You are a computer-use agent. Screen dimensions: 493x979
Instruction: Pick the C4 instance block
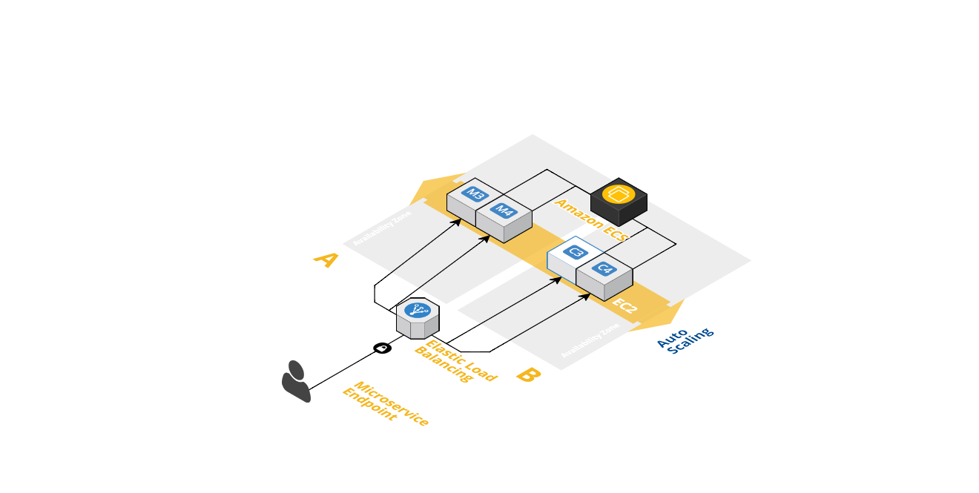point(604,275)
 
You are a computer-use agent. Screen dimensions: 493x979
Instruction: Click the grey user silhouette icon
point(296,381)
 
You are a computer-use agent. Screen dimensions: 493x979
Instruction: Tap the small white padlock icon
point(382,348)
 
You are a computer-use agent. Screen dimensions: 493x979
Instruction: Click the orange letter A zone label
point(326,259)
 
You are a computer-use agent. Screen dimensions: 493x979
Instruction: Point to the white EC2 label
point(624,305)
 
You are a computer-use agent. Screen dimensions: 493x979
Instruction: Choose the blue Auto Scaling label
point(685,340)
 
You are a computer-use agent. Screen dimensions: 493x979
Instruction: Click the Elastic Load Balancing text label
point(455,361)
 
